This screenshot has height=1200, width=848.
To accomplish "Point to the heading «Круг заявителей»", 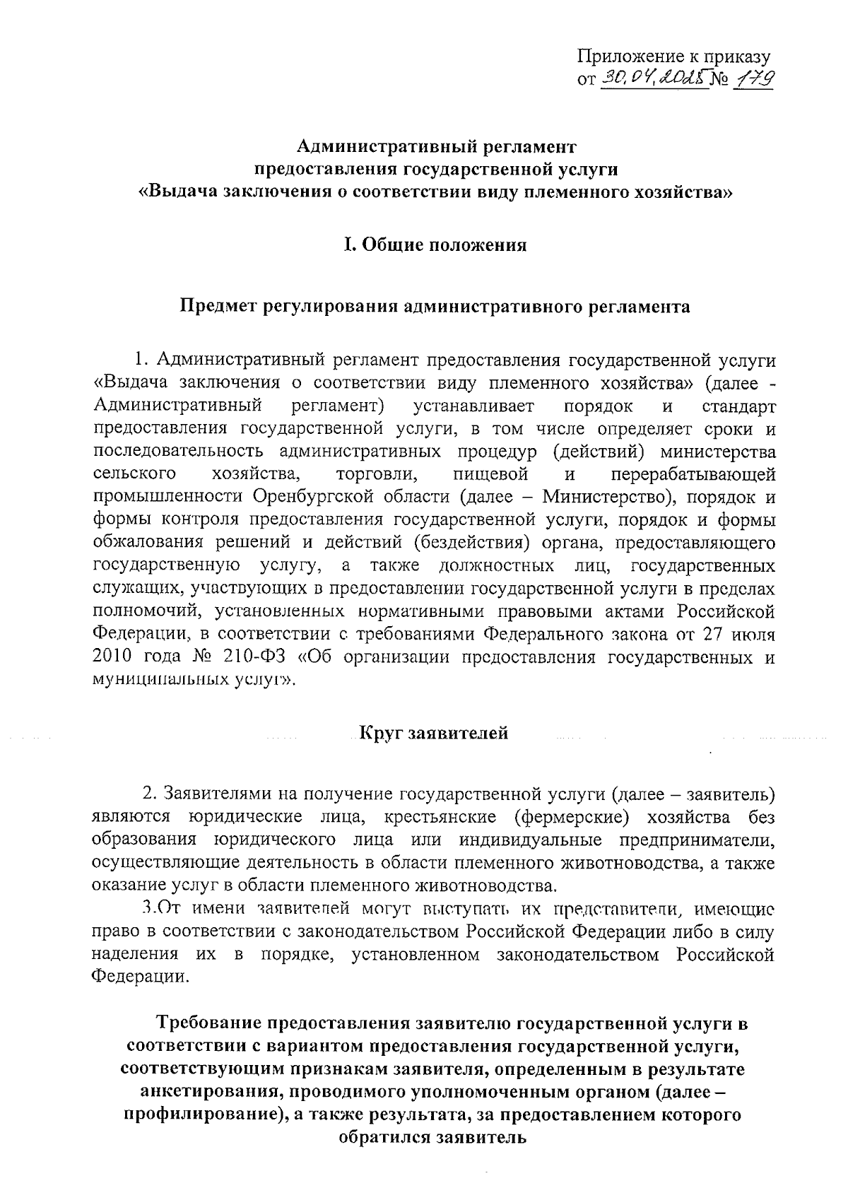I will pos(434,733).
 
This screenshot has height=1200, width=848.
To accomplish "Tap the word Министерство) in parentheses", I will pos(607,497).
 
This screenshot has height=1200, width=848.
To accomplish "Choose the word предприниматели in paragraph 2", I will pos(697,840).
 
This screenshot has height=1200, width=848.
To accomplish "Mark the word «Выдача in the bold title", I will pos(177,191).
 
